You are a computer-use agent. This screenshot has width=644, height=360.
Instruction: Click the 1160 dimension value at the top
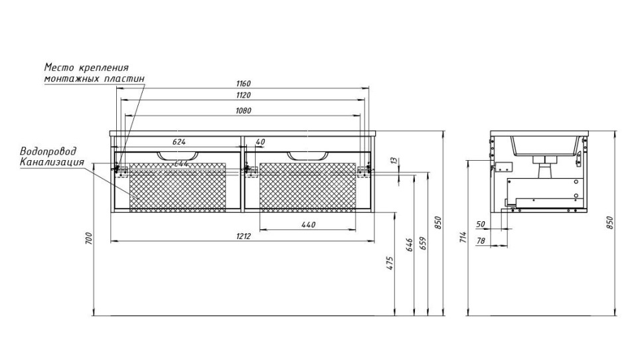(242, 84)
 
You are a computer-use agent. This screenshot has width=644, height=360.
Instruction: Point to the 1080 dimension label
(242, 110)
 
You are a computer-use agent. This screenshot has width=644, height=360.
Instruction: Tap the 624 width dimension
(179, 141)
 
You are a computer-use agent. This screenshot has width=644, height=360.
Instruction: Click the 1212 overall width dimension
(243, 236)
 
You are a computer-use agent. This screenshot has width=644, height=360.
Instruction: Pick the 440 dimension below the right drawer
(307, 225)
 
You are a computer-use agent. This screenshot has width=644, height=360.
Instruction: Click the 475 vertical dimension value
(391, 263)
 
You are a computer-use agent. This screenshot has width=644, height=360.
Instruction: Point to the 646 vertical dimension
(410, 245)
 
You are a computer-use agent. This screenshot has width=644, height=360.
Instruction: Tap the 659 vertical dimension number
(422, 243)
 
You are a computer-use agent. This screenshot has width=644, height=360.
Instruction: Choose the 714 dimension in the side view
(463, 237)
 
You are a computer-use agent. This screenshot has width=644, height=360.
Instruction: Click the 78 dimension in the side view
(481, 241)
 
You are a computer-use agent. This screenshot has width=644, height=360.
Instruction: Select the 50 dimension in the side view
(481, 225)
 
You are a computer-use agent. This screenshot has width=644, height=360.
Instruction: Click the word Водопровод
(48, 151)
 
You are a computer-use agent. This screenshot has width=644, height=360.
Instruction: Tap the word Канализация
(52, 162)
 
